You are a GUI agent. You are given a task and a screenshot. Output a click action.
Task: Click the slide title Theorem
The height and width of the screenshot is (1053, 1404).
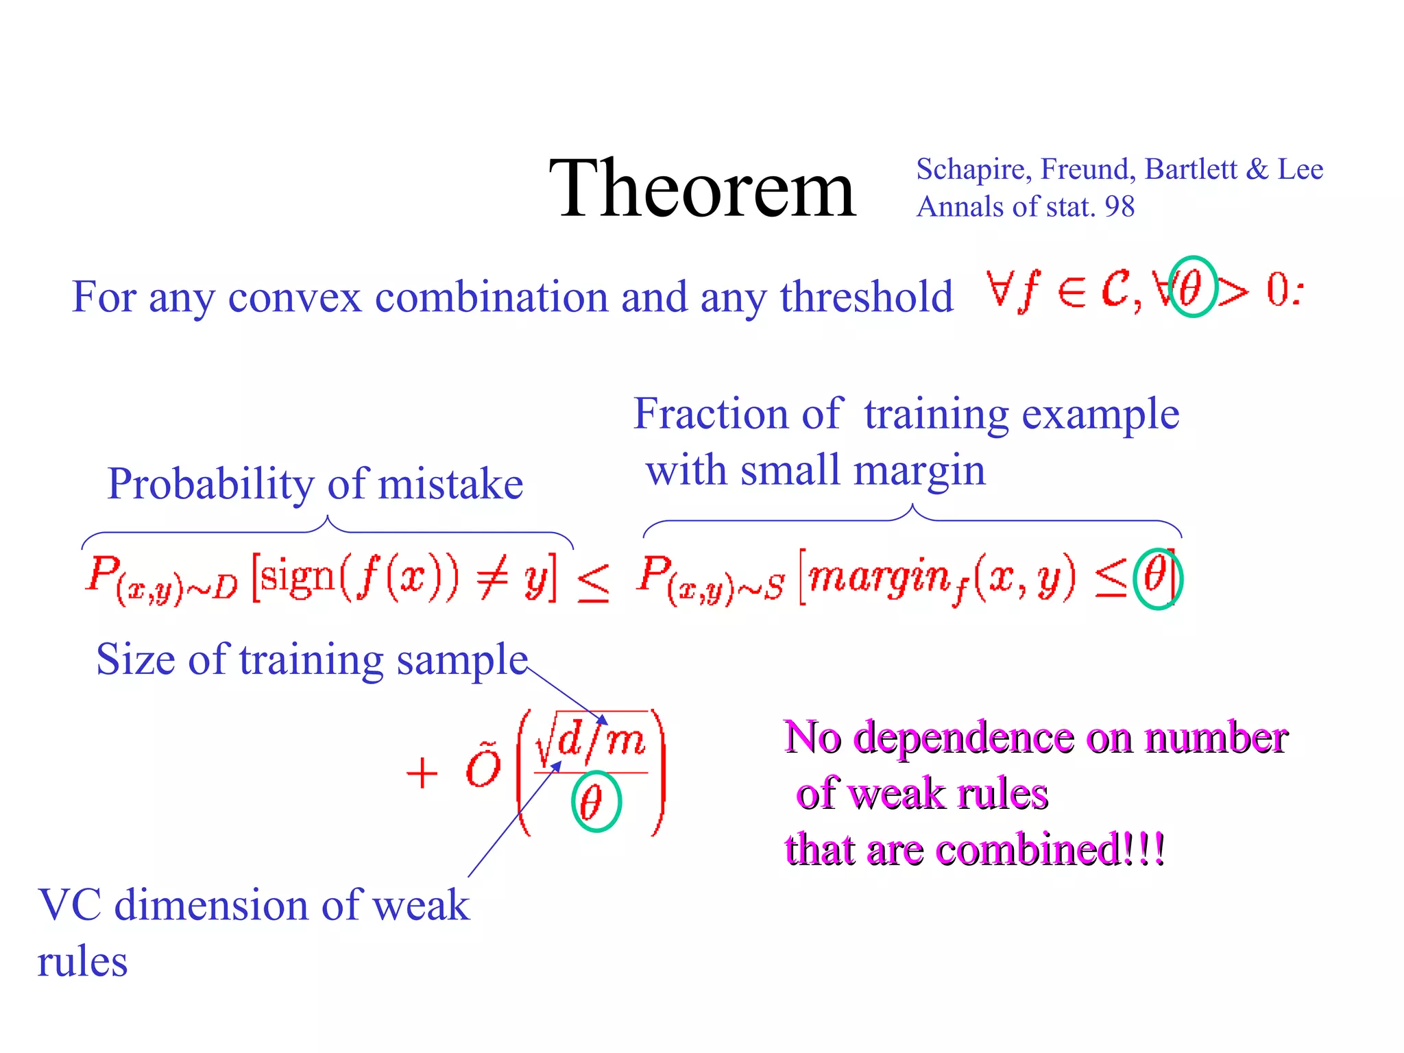702,189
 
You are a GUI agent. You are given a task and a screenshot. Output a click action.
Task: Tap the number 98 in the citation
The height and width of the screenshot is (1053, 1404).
1119,207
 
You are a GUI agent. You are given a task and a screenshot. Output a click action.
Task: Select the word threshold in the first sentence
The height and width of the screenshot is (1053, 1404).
867,298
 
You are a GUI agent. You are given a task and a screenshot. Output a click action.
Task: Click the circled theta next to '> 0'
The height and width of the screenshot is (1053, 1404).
1191,287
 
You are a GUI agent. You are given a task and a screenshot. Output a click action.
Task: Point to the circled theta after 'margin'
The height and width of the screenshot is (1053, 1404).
1156,578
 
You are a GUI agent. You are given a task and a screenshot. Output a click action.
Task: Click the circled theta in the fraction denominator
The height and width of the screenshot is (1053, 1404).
595,801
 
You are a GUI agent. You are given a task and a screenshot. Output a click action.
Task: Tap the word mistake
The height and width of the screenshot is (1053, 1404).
450,484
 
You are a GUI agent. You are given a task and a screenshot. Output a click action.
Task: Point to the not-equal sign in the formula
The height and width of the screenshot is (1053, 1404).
493,579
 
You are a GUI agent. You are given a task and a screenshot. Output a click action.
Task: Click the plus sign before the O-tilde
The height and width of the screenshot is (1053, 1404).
422,774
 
